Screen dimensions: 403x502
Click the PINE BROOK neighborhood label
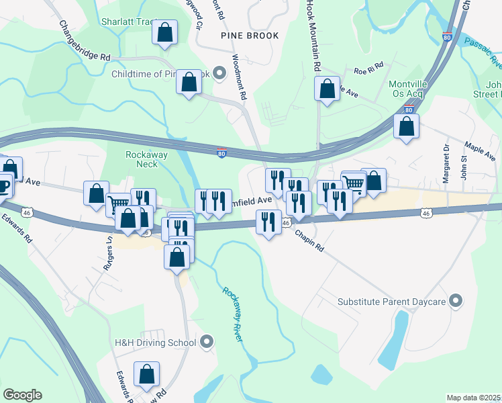point(249,34)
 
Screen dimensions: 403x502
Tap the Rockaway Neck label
point(142,159)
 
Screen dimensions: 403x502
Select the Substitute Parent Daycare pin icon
point(456,300)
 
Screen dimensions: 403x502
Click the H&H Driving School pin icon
point(207,343)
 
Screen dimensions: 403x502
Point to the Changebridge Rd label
point(85,42)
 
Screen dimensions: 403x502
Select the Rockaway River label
point(232,314)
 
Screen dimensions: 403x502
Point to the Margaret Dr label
point(446,165)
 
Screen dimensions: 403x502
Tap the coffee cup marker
point(3,185)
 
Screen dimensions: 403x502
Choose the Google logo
point(22,395)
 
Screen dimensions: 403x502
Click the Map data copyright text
point(474,398)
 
